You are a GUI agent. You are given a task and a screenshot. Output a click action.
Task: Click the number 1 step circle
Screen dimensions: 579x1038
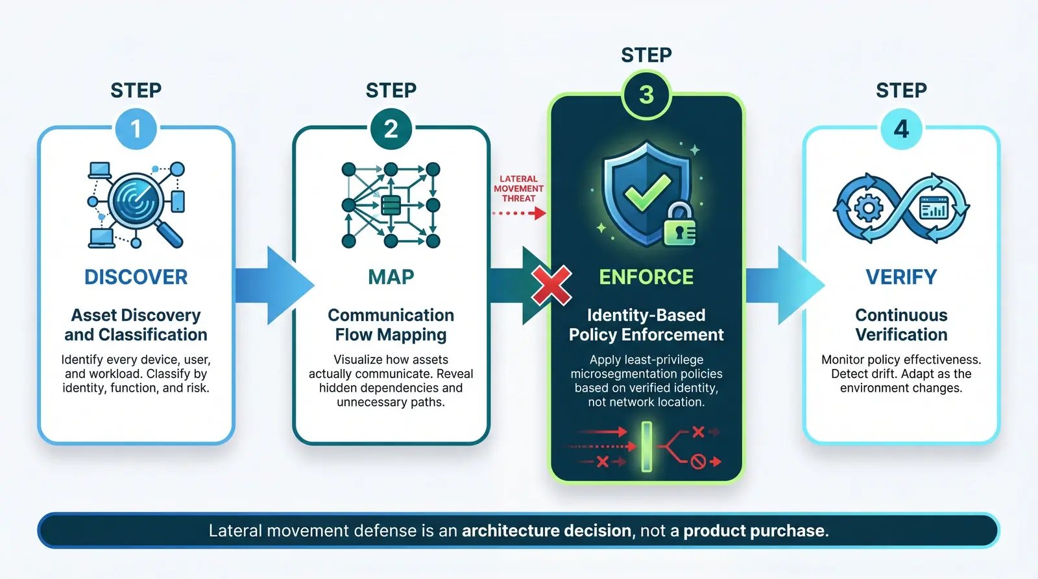(136, 129)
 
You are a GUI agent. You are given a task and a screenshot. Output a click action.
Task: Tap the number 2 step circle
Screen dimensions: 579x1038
(391, 129)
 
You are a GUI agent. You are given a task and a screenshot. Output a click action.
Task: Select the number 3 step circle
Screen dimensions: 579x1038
(646, 95)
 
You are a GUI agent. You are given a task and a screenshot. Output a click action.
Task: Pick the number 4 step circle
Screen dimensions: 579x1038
(901, 129)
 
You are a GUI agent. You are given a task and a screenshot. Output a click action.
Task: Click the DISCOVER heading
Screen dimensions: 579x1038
(136, 277)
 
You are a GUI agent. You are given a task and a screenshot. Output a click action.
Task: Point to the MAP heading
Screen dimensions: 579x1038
(391, 277)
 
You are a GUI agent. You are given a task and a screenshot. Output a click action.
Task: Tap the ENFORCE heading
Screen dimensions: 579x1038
(646, 277)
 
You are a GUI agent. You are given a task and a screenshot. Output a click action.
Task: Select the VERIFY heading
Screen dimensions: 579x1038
(901, 277)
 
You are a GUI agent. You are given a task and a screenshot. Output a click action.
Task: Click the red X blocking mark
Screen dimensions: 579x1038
(551, 285)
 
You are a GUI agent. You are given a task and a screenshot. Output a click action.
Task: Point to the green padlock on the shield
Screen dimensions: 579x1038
(679, 225)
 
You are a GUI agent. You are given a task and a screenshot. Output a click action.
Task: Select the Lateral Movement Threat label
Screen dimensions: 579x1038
(518, 189)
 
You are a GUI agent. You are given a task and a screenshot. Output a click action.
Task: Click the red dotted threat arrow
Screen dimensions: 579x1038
(519, 213)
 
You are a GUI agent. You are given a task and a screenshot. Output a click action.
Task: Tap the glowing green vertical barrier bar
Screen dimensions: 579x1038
(646, 446)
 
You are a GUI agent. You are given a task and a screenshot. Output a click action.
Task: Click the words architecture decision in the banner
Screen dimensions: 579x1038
(546, 531)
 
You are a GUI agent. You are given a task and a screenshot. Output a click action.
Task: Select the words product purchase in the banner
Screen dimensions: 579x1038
(754, 531)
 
